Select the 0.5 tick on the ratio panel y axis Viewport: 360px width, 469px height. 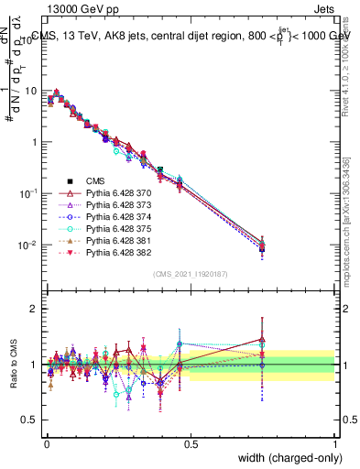(33, 420)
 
